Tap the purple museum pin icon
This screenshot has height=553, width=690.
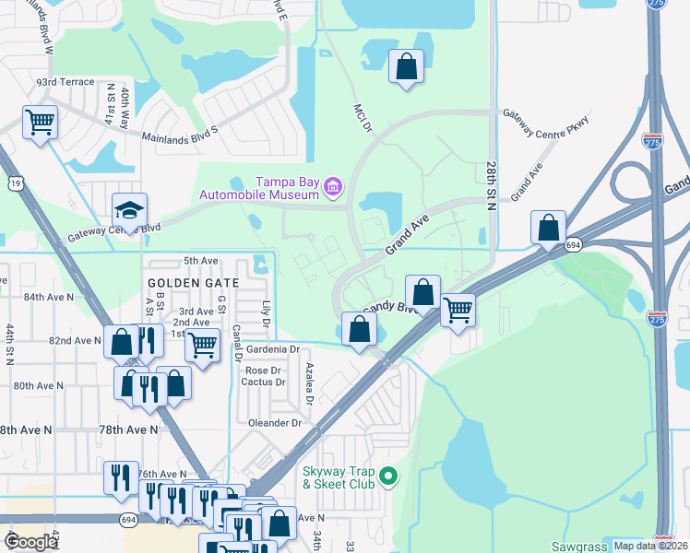[333, 189]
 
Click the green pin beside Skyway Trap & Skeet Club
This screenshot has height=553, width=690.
[389, 477]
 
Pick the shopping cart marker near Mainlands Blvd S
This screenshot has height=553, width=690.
[40, 121]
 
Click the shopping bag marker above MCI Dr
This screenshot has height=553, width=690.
[406, 66]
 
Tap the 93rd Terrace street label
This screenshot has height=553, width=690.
[65, 82]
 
